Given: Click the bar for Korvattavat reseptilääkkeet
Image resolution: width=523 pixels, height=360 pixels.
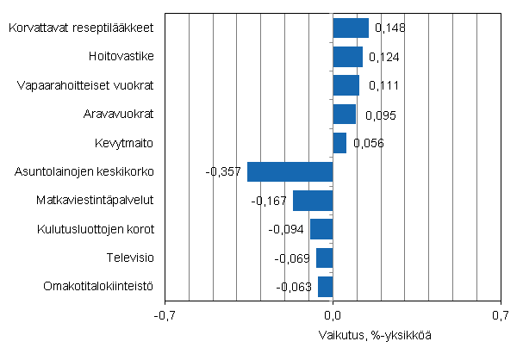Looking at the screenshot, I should [351, 28].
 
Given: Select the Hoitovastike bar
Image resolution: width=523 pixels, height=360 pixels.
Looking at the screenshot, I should [347, 57].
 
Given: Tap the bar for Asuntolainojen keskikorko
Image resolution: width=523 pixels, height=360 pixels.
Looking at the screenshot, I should [290, 171].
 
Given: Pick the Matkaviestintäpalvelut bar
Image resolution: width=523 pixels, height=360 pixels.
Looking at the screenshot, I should [313, 201].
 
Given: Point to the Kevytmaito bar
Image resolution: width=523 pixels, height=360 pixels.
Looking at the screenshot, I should [339, 143].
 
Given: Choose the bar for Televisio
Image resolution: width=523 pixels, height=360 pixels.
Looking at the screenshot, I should [324, 258].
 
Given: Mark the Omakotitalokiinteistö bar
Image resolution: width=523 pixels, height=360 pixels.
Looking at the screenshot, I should [325, 286].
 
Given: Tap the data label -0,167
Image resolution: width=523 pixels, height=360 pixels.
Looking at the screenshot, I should [269, 201].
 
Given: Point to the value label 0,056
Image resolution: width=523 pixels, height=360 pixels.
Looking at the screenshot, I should [366, 143].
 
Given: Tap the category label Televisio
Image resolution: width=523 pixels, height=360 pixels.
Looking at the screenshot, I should [130, 258].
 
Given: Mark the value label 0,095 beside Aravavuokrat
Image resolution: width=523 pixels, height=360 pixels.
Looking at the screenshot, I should [381, 115].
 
